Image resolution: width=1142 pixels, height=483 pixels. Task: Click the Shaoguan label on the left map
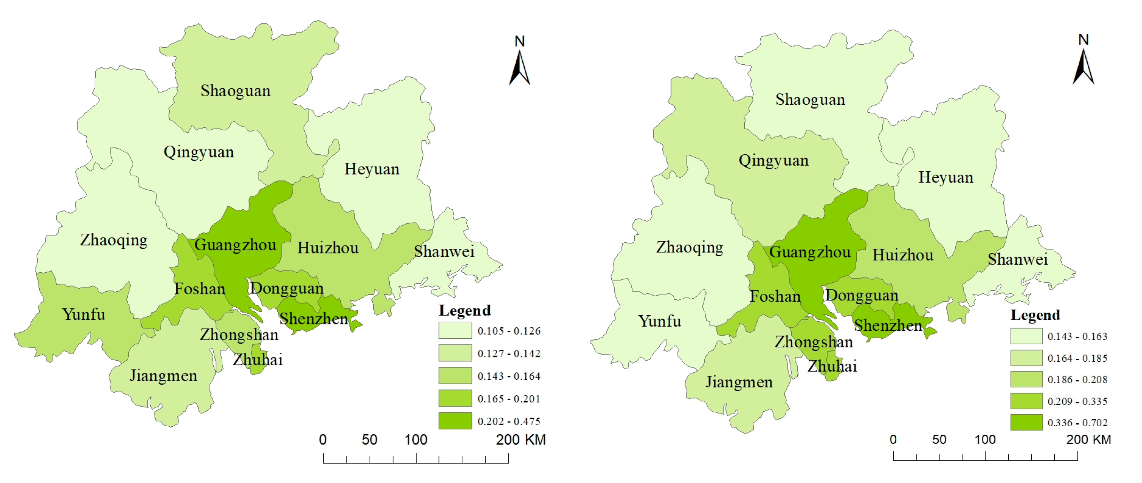coord(236,91)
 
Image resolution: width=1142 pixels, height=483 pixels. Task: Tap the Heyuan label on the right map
coord(946,177)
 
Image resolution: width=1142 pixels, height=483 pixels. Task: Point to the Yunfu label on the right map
coord(659,321)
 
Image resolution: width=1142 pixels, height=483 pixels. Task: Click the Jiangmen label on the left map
coord(163,376)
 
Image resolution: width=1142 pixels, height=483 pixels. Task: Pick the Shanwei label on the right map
coord(1017,259)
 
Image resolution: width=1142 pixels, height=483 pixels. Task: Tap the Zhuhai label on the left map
coord(257,359)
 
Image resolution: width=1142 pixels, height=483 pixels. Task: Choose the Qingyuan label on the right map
coord(773,160)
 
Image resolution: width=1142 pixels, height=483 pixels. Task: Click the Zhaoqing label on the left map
coord(113,240)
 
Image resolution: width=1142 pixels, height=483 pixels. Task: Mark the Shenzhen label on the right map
coord(888,326)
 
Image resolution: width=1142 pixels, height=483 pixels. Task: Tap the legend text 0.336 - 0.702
coord(1077,423)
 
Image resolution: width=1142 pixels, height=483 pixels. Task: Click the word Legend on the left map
coord(465,310)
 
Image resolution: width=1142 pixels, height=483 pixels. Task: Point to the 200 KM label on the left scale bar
coord(521,440)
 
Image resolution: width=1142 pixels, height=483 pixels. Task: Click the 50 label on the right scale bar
coord(939,440)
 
